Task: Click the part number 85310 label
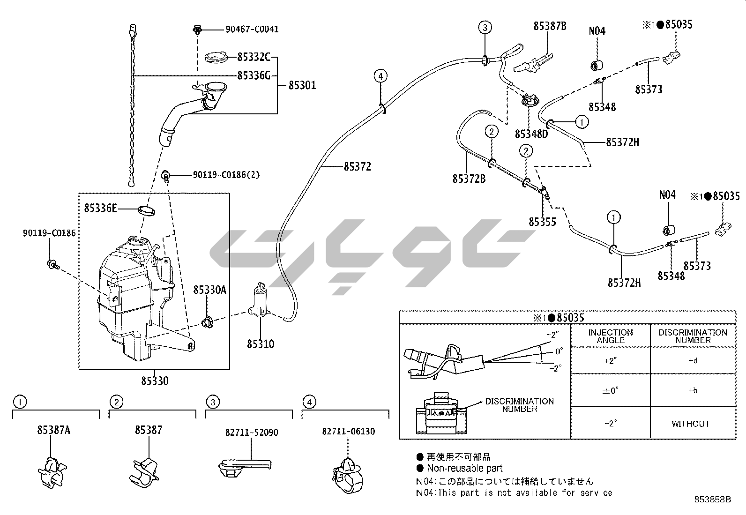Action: (261, 344)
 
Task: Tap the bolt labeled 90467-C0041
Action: (197, 30)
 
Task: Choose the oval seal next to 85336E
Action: (146, 209)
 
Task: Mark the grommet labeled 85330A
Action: (207, 322)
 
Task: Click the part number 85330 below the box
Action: (154, 381)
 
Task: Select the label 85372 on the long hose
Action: (357, 166)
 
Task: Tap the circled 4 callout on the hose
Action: (380, 75)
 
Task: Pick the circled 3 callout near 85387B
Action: (485, 28)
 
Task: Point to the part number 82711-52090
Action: (254, 432)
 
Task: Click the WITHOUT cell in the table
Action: (690, 424)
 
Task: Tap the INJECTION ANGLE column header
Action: (611, 336)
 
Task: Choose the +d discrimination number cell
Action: (693, 361)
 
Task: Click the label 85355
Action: (542, 222)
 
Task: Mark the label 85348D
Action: (531, 134)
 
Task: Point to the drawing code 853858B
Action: (713, 500)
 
